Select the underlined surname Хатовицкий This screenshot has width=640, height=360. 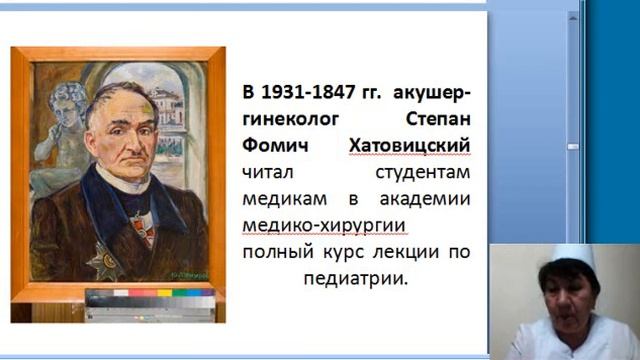coord(409,147)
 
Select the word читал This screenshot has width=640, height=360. coord(267,173)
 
